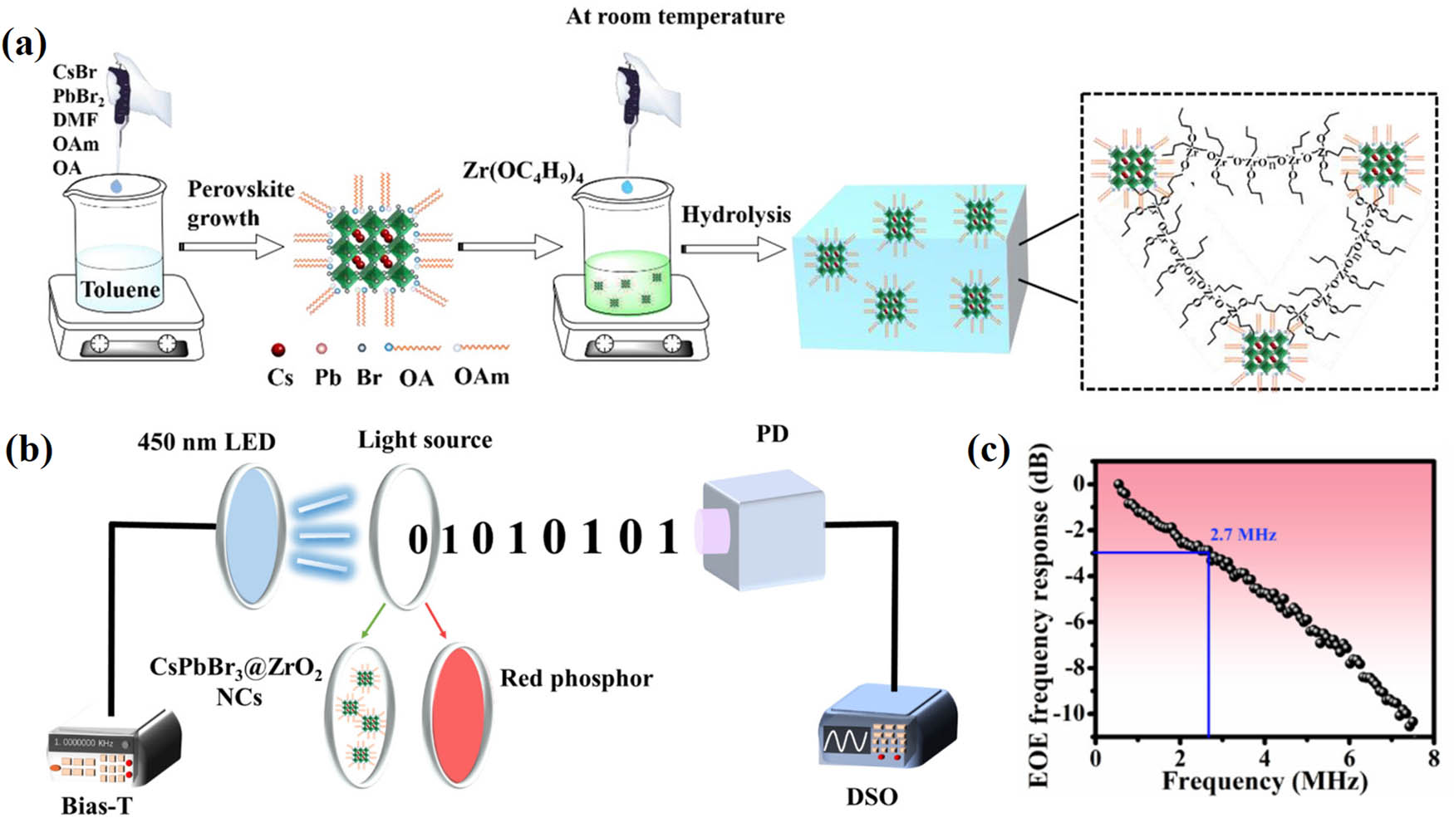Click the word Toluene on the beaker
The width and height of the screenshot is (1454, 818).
coord(120,289)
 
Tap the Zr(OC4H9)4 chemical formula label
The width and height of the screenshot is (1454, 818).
coord(523,172)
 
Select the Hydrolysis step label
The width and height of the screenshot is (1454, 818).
coord(735,215)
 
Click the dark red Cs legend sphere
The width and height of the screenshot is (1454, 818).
coord(278,350)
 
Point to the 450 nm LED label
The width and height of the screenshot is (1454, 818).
coord(206,442)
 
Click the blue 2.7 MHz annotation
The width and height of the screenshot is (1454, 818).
coord(1242,535)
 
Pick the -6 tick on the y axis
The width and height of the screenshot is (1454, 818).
coord(1078,621)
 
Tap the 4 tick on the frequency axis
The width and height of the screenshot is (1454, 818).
coord(1264,757)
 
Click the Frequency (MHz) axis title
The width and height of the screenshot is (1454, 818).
coord(1264,781)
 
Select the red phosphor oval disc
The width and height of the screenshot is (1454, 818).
coord(458,715)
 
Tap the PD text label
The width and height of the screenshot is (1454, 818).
coord(772,433)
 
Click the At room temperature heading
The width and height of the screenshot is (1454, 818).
coord(675,17)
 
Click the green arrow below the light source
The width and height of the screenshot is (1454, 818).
coord(373,622)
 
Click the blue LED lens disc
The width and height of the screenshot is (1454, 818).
coord(250,535)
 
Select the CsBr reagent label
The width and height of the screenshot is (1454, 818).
coord(74,72)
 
